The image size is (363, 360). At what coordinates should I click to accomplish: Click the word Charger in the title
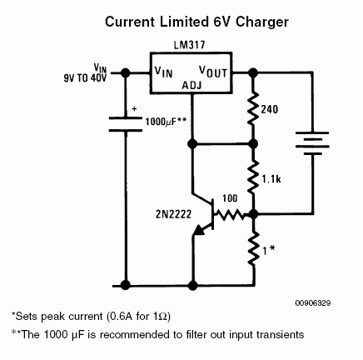(x=262, y=22)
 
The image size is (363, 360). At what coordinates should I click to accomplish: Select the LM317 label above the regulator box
(x=189, y=45)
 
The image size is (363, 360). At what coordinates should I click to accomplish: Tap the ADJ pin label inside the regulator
(x=191, y=86)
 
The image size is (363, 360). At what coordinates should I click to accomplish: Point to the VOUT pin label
(x=213, y=72)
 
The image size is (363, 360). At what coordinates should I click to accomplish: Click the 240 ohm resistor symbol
(x=253, y=109)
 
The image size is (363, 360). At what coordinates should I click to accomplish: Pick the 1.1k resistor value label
(x=271, y=179)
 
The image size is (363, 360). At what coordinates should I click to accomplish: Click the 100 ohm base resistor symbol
(x=229, y=214)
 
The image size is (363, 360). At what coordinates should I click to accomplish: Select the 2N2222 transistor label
(x=173, y=214)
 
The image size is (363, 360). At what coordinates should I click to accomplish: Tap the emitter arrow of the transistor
(x=201, y=230)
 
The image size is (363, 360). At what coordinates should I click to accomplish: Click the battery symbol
(x=312, y=143)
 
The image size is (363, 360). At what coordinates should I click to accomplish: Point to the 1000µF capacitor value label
(x=166, y=122)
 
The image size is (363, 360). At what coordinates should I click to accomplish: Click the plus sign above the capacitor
(x=134, y=109)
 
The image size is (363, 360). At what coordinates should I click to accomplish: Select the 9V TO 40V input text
(x=85, y=78)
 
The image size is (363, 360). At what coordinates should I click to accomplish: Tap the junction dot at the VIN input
(x=126, y=73)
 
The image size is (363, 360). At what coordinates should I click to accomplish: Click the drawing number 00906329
(x=313, y=302)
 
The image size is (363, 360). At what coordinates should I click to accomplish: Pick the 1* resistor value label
(x=269, y=250)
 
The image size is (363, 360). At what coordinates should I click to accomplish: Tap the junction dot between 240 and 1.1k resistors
(x=253, y=144)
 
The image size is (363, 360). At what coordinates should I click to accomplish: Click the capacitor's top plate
(x=126, y=118)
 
